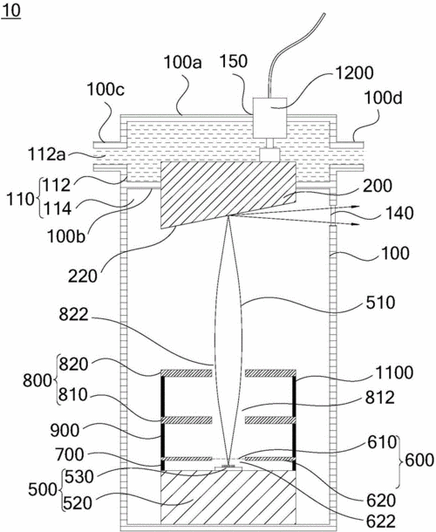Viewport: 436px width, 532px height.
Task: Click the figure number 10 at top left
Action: point(10,10)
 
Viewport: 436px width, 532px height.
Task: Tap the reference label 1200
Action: point(354,72)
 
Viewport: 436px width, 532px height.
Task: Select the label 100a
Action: point(183,63)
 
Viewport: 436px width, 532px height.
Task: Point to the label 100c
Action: point(106,90)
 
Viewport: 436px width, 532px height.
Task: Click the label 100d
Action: point(383,98)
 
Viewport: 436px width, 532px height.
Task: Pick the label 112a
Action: point(47,155)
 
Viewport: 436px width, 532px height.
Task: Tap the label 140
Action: point(399,213)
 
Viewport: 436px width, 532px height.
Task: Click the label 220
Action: point(83,276)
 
